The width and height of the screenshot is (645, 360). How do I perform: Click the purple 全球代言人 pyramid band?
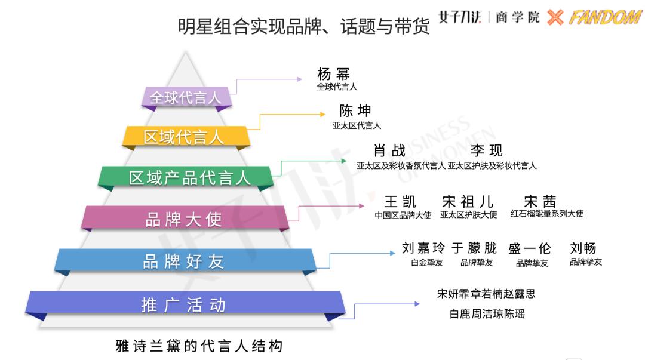tap(186, 97)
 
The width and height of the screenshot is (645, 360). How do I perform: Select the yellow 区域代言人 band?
tap(186, 137)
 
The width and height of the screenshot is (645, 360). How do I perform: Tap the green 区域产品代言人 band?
tap(186, 178)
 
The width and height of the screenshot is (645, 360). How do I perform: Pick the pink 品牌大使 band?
tap(185, 218)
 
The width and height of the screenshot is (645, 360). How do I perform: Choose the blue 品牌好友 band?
tap(185, 261)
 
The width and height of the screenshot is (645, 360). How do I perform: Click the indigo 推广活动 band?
tap(185, 305)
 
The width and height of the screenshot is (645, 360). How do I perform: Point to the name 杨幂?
tap(333, 74)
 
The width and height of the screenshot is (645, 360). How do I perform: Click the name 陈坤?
tap(355, 110)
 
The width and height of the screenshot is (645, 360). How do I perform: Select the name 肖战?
tap(389, 150)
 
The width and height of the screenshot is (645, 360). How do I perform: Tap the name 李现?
tap(487, 150)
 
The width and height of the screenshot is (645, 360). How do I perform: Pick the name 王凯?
tap(400, 202)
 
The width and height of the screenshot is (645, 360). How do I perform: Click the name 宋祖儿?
tap(467, 202)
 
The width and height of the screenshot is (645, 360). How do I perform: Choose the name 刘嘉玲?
tap(423, 248)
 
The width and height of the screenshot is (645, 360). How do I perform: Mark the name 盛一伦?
tap(529, 248)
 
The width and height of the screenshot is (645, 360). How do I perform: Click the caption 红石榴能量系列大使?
tap(547, 213)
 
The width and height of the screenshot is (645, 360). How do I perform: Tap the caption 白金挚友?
tap(427, 263)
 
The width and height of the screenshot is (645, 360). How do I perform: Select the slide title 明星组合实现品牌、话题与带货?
tap(303, 26)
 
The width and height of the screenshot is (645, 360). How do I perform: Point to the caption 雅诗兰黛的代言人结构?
tap(199, 346)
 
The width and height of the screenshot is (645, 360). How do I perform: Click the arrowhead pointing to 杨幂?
tap(300, 79)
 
